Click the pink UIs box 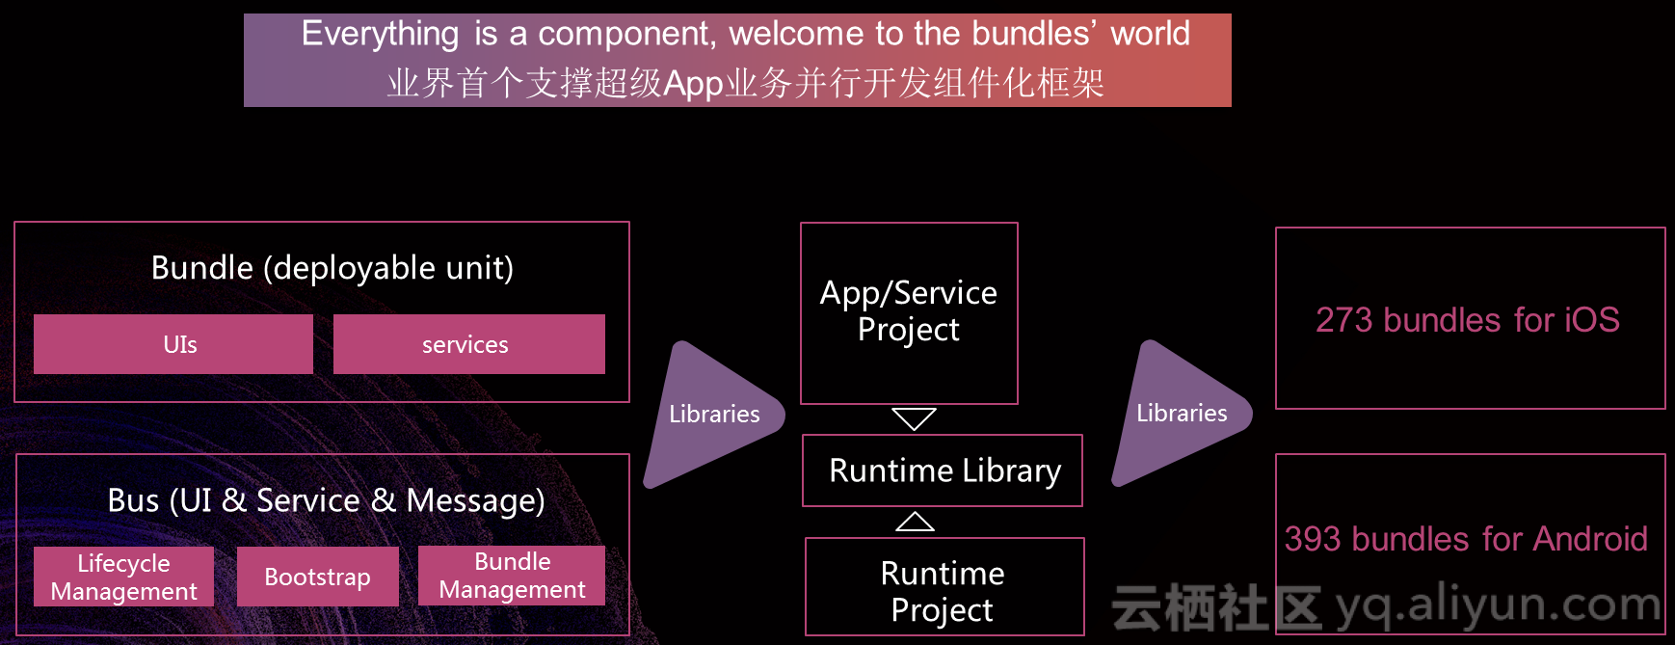[x=173, y=344]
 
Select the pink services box [x=469, y=344]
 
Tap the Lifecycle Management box [x=123, y=577]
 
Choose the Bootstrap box [x=318, y=577]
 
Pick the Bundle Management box [x=512, y=576]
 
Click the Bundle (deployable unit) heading [x=332, y=268]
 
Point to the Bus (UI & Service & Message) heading [x=327, y=500]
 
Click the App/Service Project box [x=909, y=313]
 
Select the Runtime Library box [x=943, y=470]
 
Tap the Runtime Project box [x=944, y=587]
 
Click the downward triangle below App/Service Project [x=914, y=418]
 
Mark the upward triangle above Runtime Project [x=915, y=522]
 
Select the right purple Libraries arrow [x=1183, y=413]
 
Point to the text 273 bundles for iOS [x=1468, y=320]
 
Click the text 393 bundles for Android [x=1466, y=539]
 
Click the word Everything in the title [x=380, y=34]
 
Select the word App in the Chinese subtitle [x=693, y=84]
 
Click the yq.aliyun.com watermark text [x=1499, y=605]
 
